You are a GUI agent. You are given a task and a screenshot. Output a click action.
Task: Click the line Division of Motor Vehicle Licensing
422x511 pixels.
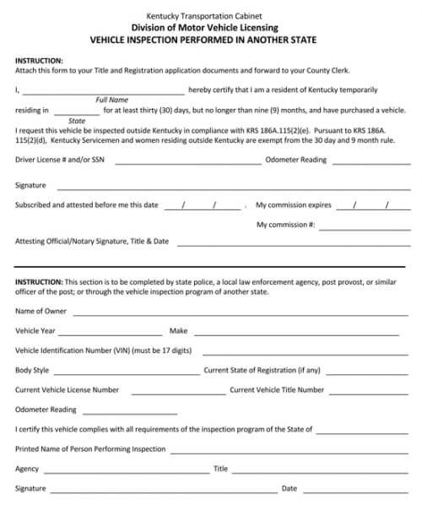click(211, 27)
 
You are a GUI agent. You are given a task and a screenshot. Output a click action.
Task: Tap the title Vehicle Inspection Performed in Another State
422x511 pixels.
click(211, 39)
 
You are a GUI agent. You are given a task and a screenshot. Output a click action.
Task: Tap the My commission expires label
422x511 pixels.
click(293, 205)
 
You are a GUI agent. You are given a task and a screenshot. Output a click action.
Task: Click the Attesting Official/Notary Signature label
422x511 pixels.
click(92, 242)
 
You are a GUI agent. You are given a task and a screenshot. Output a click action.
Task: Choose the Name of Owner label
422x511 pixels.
click(41, 312)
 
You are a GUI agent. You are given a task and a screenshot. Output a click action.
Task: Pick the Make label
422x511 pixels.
click(178, 331)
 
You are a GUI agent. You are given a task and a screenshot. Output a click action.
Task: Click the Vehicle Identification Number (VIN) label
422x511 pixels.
click(104, 351)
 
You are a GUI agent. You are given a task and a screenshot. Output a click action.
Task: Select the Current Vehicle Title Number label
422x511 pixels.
click(277, 390)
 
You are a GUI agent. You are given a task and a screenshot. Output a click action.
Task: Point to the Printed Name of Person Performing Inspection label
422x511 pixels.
click(90, 449)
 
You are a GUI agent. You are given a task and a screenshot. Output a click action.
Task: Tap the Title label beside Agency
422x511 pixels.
click(220, 469)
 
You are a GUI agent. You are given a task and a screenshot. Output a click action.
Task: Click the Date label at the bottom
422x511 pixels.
click(289, 488)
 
